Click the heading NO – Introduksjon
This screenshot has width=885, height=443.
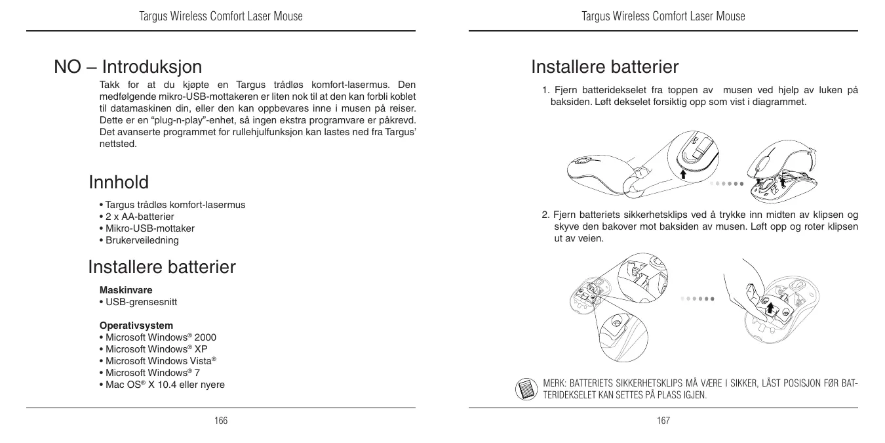point(128,67)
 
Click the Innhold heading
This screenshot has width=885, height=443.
point(119,182)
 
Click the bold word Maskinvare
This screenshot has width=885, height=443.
point(126,290)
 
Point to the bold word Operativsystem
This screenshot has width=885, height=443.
point(136,326)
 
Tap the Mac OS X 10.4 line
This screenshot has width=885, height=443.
point(161,385)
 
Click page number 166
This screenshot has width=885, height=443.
point(221,421)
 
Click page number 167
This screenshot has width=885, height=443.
point(663,421)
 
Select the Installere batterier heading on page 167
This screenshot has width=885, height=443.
point(604,67)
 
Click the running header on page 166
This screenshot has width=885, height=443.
point(221,16)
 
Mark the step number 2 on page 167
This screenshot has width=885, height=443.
point(545,215)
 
